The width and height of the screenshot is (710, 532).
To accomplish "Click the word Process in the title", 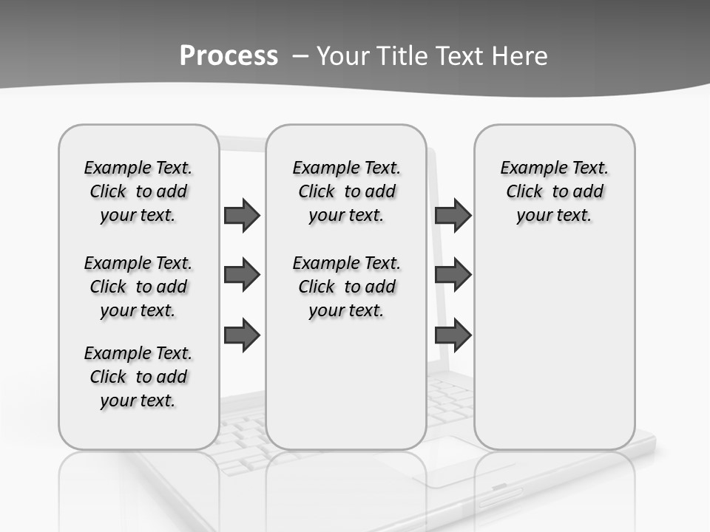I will [229, 56].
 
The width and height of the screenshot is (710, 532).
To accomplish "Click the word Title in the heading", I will [404, 56].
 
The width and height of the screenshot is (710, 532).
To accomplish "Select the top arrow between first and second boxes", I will [242, 216].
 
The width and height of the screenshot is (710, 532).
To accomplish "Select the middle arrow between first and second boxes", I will [242, 275].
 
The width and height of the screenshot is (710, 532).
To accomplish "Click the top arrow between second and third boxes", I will [453, 216].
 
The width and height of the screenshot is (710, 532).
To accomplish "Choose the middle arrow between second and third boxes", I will [453, 275].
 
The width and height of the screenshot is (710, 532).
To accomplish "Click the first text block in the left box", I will [138, 191].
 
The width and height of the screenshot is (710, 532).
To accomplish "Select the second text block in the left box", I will [138, 287].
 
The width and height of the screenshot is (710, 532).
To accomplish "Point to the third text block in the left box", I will [138, 377].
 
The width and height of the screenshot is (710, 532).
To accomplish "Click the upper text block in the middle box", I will [346, 191].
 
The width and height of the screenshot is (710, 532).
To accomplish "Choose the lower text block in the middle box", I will [346, 287].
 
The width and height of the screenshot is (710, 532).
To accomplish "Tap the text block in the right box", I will [554, 191].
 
